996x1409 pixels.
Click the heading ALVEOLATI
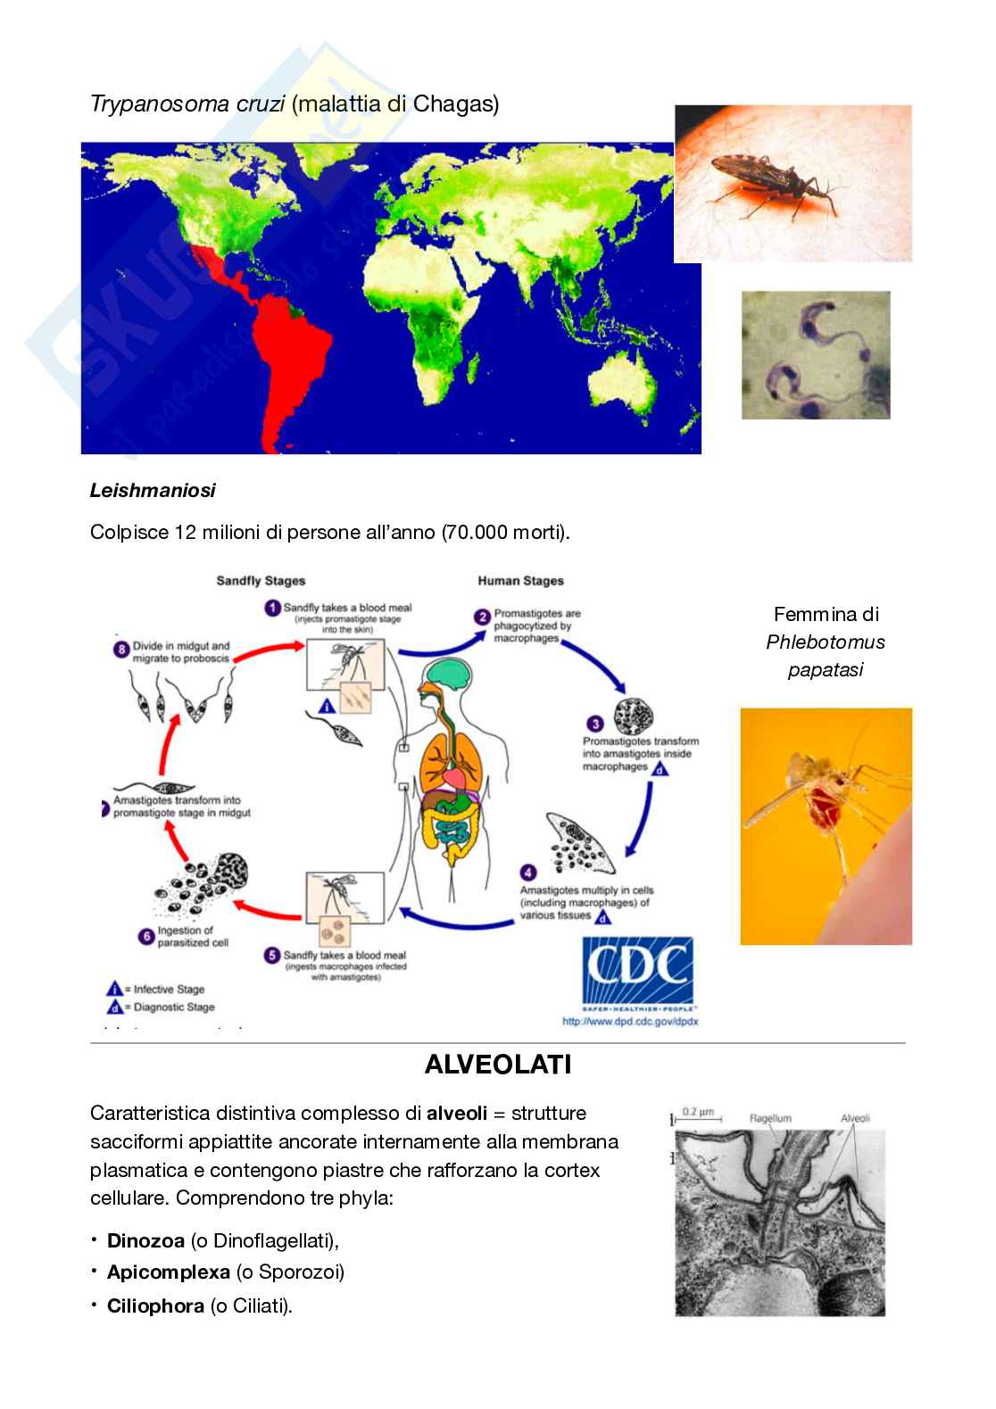coord(498,1065)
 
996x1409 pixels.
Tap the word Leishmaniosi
coord(153,490)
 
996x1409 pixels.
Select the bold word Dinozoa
coord(145,1240)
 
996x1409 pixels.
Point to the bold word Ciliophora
coord(155,1306)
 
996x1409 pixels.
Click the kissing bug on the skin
coord(776,184)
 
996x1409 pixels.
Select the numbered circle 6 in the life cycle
coord(146,937)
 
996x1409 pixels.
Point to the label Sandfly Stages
coord(261,581)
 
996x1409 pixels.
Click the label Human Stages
coord(520,581)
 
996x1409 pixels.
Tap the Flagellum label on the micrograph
coord(769,1118)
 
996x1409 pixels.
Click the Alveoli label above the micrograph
coord(854,1118)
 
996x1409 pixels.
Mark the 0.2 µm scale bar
coord(697,1115)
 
